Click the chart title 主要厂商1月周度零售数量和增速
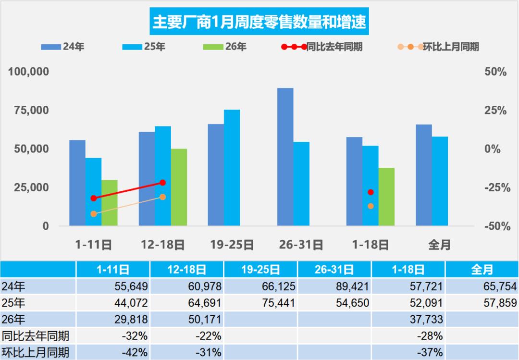click(259, 21)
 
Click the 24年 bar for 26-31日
click(285, 157)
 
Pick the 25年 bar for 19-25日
click(232, 168)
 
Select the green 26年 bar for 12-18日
click(179, 187)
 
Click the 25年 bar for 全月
click(440, 181)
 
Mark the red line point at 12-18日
click(162, 183)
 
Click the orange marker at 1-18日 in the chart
click(371, 206)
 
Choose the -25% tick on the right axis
click(494, 187)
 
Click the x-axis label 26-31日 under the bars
click(301, 245)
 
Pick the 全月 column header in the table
click(482, 270)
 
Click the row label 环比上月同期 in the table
click(36, 352)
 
